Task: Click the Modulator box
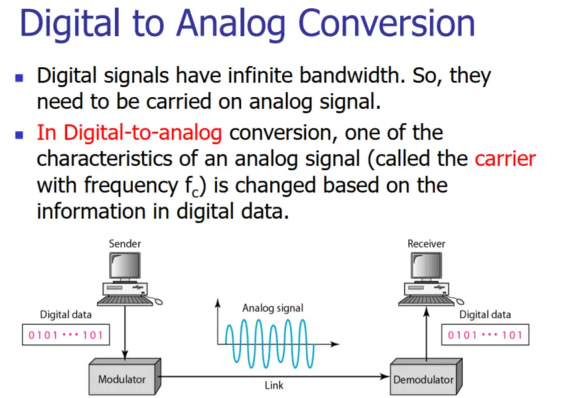pyautogui.click(x=125, y=377)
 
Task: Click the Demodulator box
pyautogui.click(x=426, y=377)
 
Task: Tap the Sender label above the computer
pyautogui.click(x=125, y=243)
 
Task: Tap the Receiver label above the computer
pyautogui.click(x=426, y=243)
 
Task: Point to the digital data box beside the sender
pyautogui.click(x=66, y=335)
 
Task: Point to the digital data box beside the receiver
pyautogui.click(x=485, y=335)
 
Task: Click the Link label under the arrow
pyautogui.click(x=274, y=385)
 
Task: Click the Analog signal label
pyautogui.click(x=273, y=308)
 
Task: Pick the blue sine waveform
pyautogui.click(x=270, y=344)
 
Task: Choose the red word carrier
pyautogui.click(x=505, y=159)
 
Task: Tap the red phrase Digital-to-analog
pyautogui.click(x=142, y=133)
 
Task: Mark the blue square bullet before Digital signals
pyautogui.click(x=19, y=78)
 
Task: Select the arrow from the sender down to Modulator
pyautogui.click(x=125, y=332)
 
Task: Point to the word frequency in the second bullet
pyautogui.click(x=131, y=186)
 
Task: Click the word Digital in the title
pyautogui.click(x=70, y=24)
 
